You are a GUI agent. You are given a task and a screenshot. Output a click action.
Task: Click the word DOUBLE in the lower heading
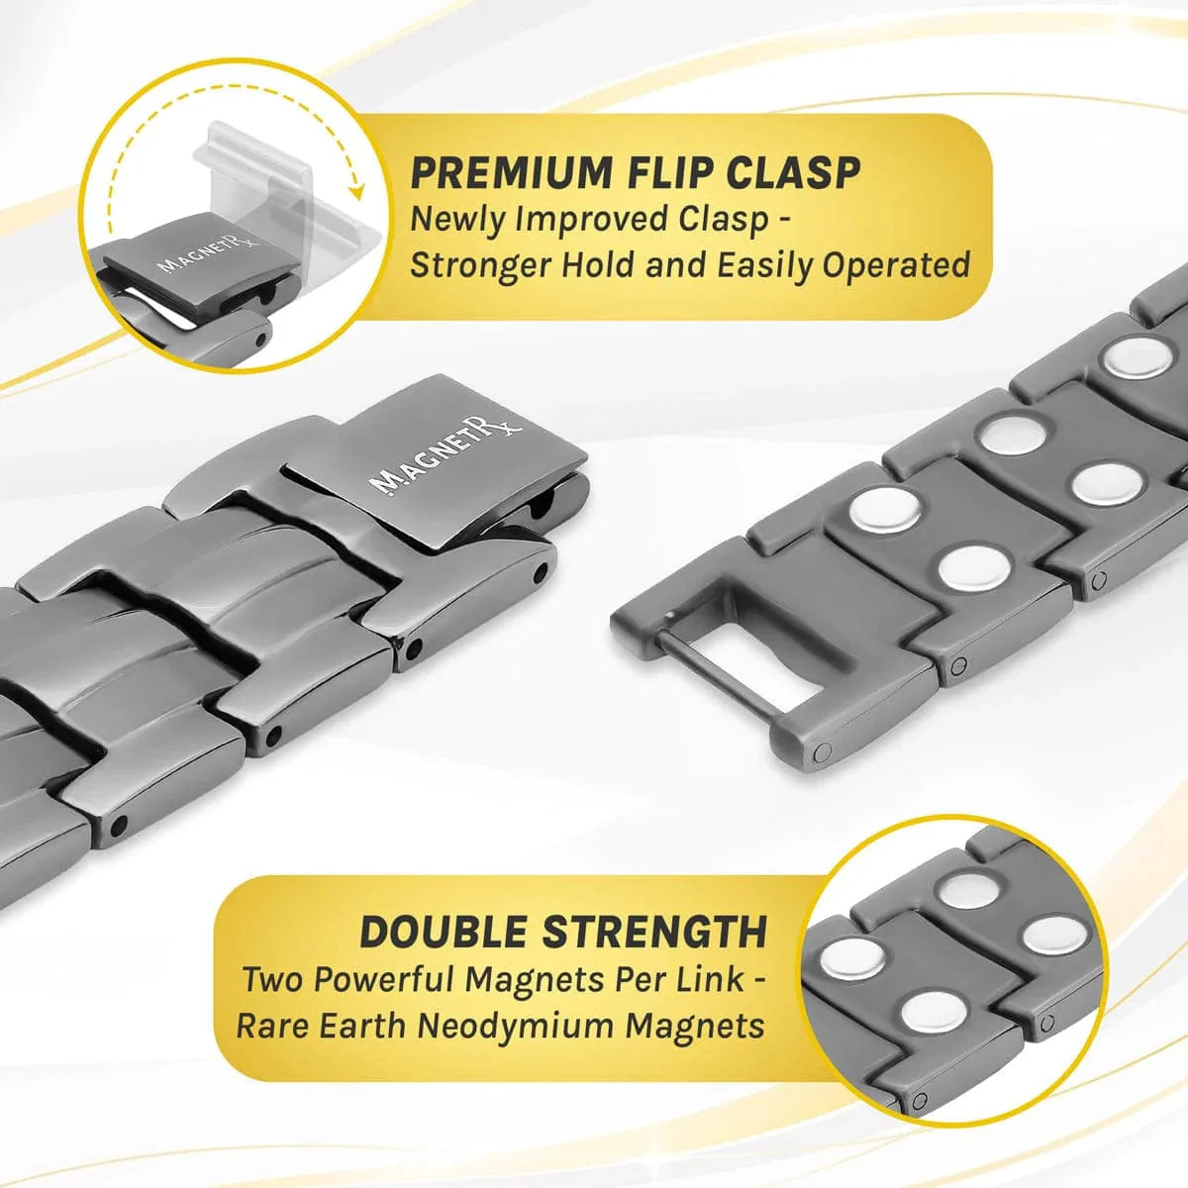coord(442,933)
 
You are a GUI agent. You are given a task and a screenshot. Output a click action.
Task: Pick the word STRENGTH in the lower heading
coord(653,933)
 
